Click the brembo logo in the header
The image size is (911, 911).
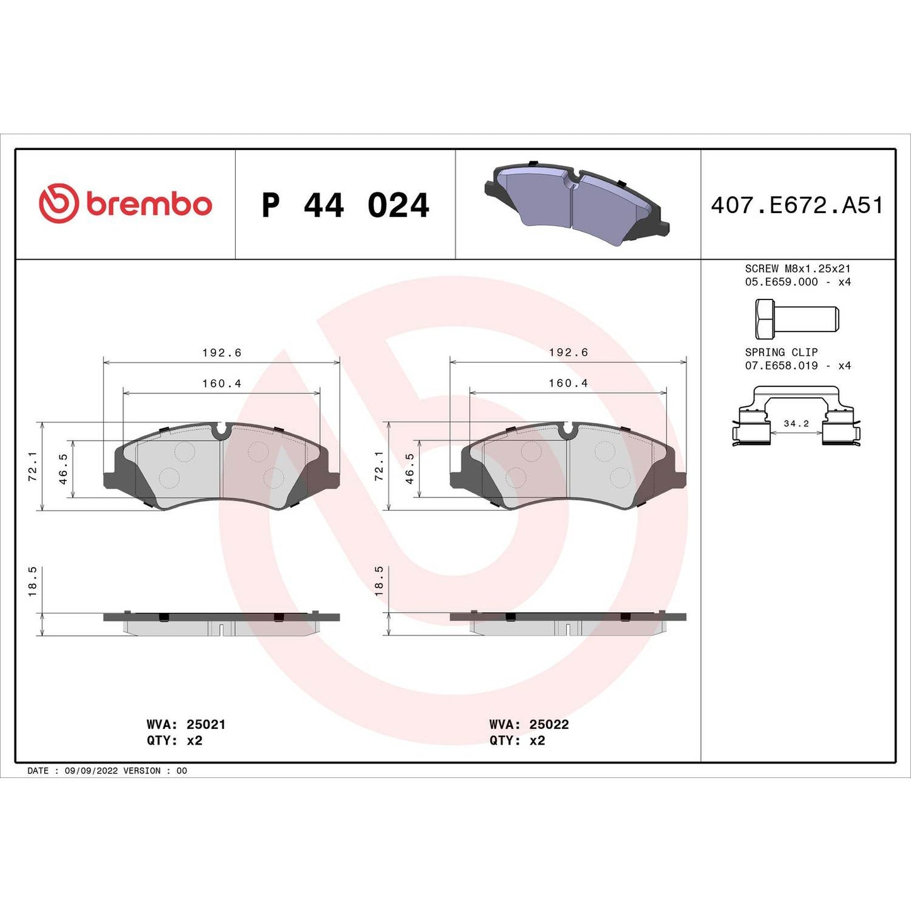(x=125, y=204)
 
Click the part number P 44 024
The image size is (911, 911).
(x=345, y=206)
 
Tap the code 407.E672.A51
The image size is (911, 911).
(x=797, y=206)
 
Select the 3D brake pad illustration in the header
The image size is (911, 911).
(x=577, y=203)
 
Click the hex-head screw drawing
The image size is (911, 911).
(x=796, y=318)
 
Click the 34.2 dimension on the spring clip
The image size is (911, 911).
(x=796, y=424)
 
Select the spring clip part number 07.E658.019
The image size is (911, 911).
(x=781, y=366)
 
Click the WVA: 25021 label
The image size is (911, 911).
(x=186, y=724)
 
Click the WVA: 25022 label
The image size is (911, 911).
(x=529, y=724)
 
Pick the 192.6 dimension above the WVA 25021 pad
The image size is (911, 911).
(x=221, y=352)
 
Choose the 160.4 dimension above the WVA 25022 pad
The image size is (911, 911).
(x=568, y=383)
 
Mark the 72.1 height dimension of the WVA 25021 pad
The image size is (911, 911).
(x=33, y=466)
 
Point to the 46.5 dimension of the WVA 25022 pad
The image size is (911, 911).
(x=410, y=468)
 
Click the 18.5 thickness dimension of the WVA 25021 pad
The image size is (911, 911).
(x=33, y=581)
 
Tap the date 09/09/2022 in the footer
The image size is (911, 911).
(x=91, y=770)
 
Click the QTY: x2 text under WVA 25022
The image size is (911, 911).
(x=517, y=740)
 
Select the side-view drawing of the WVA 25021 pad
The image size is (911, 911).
(x=221, y=623)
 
